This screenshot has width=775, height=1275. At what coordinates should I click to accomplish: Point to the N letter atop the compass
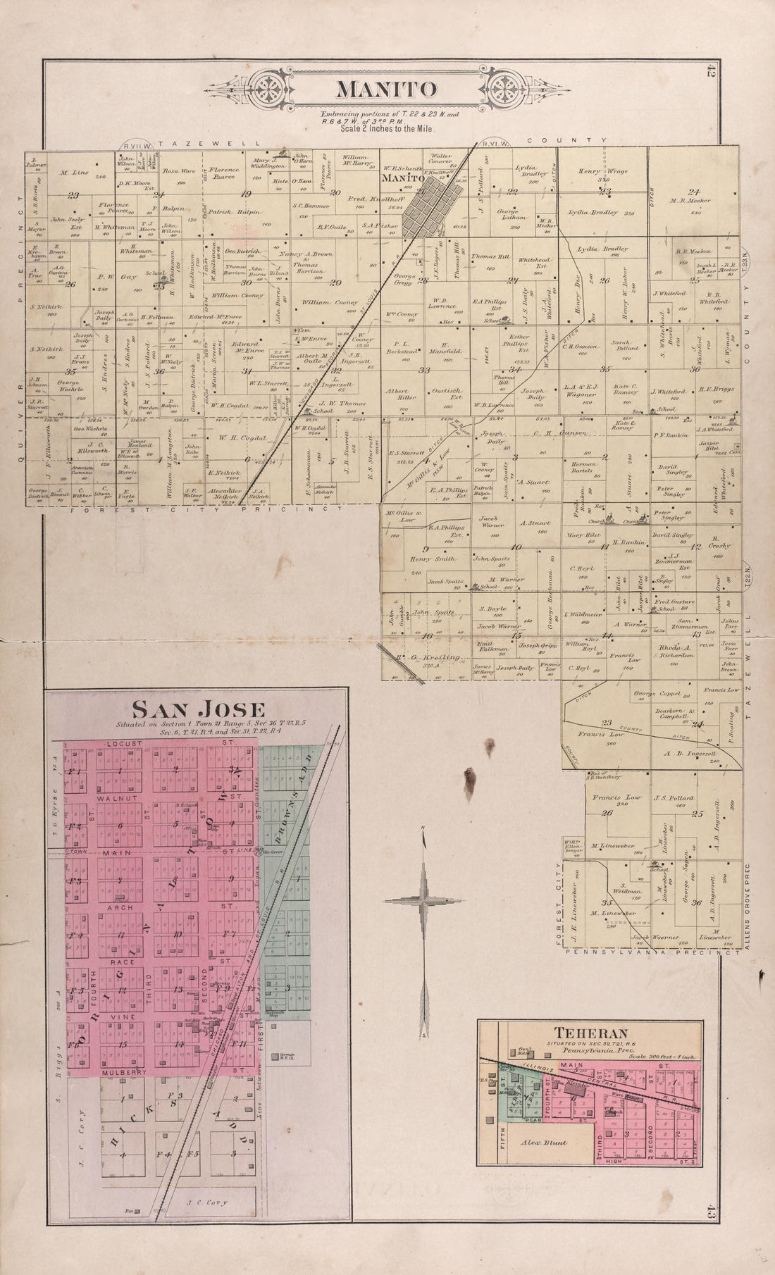click(x=423, y=828)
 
